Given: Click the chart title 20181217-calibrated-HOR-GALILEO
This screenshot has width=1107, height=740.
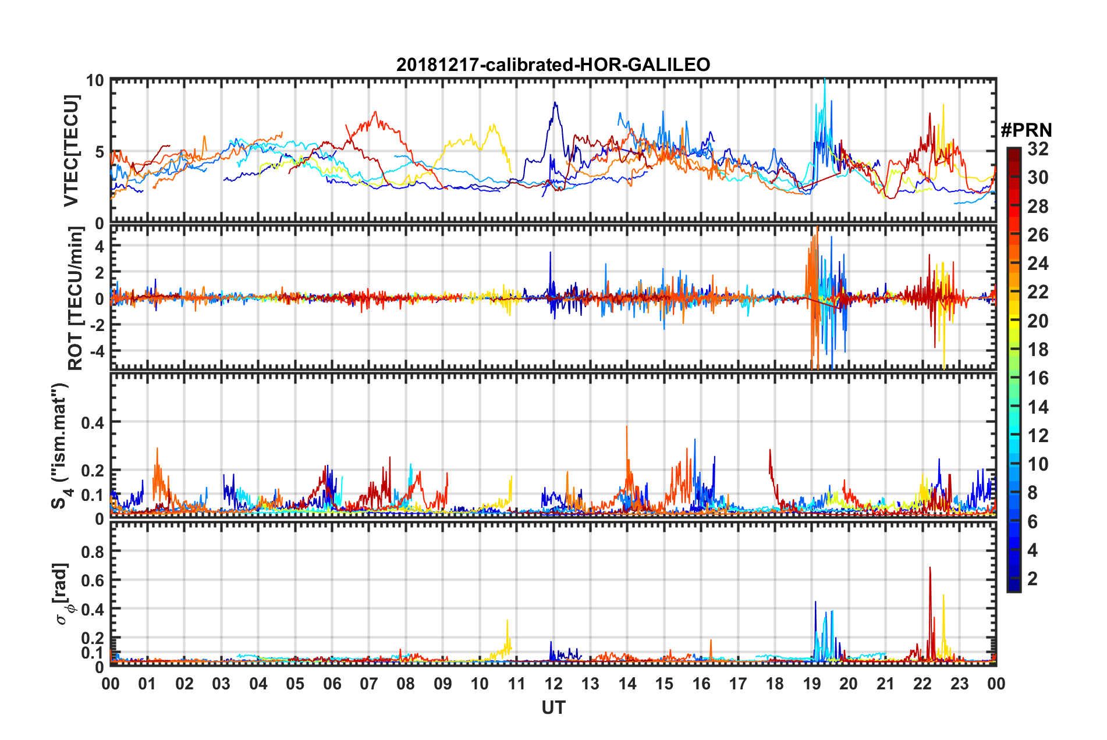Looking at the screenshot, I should point(553,65).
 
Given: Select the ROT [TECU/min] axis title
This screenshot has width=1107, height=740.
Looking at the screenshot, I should point(76,298).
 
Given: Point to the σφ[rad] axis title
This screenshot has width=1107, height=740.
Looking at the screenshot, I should point(62,593).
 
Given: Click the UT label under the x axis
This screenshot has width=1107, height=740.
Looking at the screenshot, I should point(553,708).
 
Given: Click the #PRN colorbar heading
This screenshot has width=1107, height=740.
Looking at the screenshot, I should point(1026,130).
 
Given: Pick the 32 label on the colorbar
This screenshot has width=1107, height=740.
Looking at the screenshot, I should point(1038,149).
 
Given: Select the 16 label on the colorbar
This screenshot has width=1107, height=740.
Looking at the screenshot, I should point(1038,378).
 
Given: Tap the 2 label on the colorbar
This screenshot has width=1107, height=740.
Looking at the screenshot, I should point(1033,579).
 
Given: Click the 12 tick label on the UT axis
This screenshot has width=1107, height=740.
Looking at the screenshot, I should point(553,684).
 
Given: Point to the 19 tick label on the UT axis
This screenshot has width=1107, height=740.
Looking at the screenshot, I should point(812,684).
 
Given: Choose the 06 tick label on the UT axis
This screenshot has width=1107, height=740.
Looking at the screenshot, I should point(332,684).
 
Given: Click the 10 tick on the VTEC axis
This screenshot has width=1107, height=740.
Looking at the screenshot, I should point(95,80).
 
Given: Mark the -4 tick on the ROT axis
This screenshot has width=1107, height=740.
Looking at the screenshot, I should point(97,351).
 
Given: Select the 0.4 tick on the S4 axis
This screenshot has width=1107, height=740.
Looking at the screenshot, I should point(93,422).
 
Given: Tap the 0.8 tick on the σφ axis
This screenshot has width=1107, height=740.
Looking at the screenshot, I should point(93,551).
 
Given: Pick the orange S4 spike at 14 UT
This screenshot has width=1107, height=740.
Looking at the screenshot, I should point(627,428).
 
